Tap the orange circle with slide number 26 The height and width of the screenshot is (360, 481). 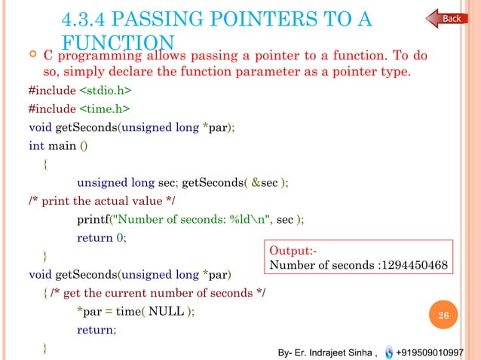(x=444, y=315)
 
